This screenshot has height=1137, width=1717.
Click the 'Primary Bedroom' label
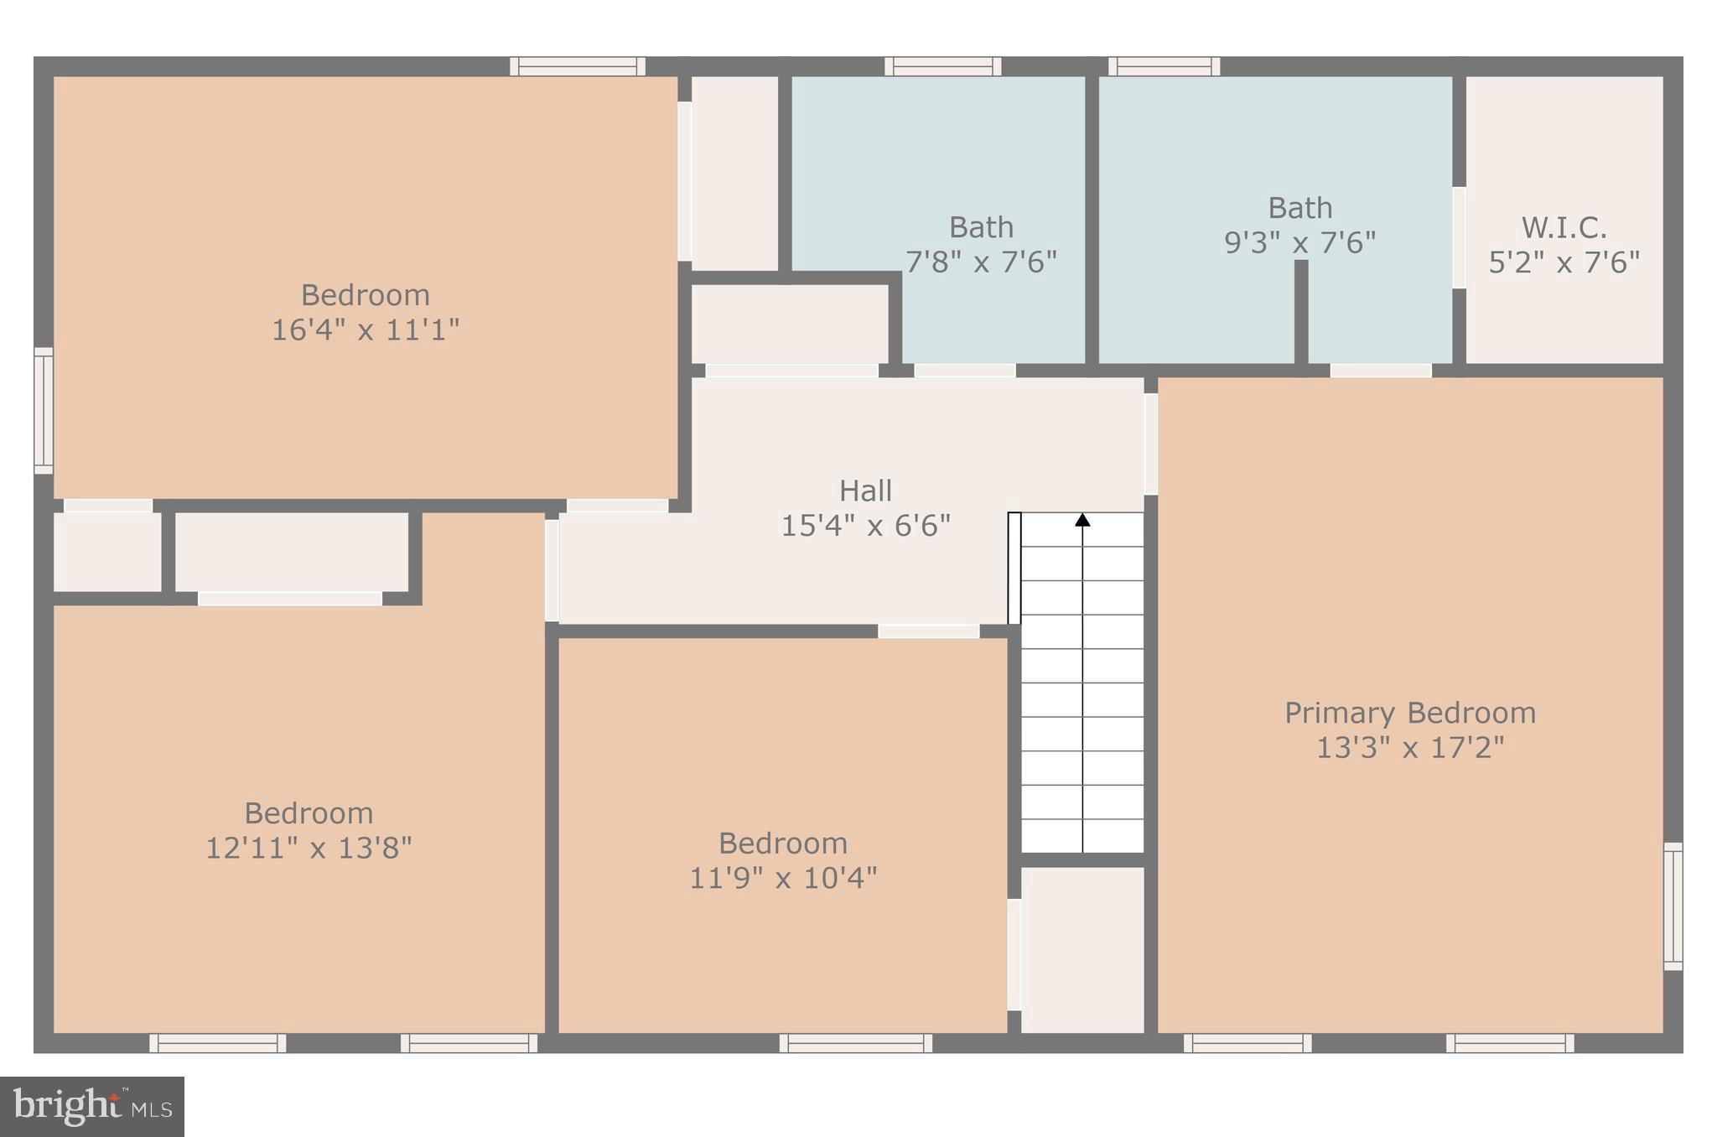pyautogui.click(x=1410, y=713)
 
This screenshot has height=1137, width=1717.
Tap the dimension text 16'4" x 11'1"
pyautogui.click(x=366, y=330)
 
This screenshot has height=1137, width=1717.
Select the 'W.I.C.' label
pyautogui.click(x=1564, y=227)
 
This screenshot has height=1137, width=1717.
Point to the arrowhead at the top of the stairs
pyautogui.click(x=1082, y=520)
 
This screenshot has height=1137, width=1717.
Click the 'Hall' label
pyautogui.click(x=865, y=491)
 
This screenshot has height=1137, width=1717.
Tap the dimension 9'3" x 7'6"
pyautogui.click(x=1299, y=242)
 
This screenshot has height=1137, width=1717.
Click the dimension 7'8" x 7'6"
pyautogui.click(x=981, y=262)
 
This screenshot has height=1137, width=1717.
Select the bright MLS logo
pyautogui.click(x=92, y=1106)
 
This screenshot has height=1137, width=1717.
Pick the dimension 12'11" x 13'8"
pyautogui.click(x=309, y=848)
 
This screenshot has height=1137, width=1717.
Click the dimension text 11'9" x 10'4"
pyautogui.click(x=783, y=878)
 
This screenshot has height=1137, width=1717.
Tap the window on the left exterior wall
pyautogui.click(x=43, y=410)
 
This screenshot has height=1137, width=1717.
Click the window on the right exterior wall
pyautogui.click(x=1673, y=906)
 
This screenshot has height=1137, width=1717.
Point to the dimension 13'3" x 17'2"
pyautogui.click(x=1410, y=747)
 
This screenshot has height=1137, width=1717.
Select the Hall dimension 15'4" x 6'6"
pyautogui.click(x=865, y=526)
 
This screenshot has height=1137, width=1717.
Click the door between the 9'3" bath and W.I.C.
pyautogui.click(x=1459, y=237)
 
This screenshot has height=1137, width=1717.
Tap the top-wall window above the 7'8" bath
pyautogui.click(x=942, y=66)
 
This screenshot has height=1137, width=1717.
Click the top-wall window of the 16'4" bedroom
pyautogui.click(x=578, y=66)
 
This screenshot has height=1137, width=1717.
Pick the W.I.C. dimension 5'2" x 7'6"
pyautogui.click(x=1564, y=262)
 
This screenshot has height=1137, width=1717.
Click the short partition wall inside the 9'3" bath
pyautogui.click(x=1300, y=312)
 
